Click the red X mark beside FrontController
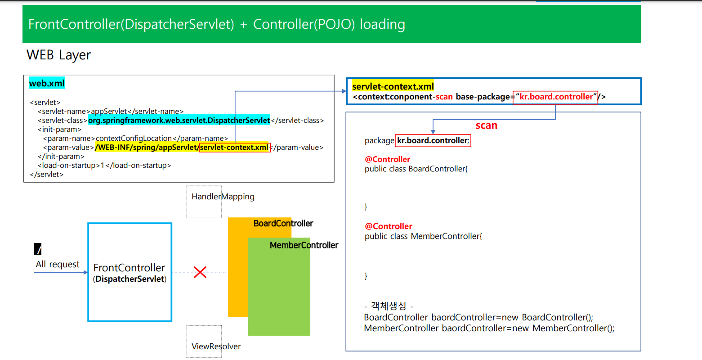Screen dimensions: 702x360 (x=200, y=272)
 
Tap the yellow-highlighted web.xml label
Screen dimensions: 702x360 (x=47, y=83)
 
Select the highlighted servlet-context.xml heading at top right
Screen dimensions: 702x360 (x=393, y=86)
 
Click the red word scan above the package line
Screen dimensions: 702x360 (x=487, y=126)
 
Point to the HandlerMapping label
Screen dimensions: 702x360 (x=223, y=197)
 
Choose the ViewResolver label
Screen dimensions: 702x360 (x=216, y=346)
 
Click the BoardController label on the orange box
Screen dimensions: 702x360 (x=283, y=224)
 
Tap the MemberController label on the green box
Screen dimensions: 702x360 (x=304, y=245)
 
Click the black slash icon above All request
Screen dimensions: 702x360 (x=38, y=249)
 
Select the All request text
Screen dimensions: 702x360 (x=58, y=264)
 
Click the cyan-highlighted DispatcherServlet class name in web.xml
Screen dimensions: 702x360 (x=179, y=120)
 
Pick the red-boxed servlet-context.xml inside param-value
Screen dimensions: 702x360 (x=234, y=148)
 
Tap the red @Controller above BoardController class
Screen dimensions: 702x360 (x=388, y=159)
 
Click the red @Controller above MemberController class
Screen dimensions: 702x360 (x=389, y=226)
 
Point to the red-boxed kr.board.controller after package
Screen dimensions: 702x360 (x=433, y=140)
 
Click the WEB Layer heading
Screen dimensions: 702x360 (x=58, y=55)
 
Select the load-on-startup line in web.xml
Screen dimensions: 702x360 (x=104, y=165)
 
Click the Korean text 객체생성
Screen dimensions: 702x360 (x=389, y=306)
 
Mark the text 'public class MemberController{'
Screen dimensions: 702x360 (x=423, y=236)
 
